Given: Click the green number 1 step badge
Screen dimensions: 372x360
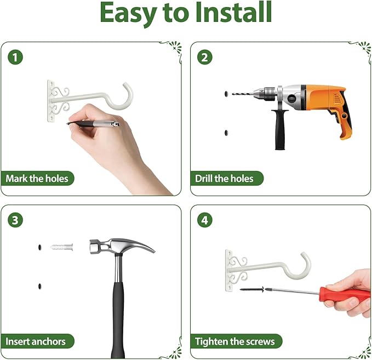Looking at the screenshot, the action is coord(15,58).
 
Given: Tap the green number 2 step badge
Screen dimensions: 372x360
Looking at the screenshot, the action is coord(205,58).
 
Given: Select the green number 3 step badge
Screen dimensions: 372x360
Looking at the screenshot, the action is coord(15,220).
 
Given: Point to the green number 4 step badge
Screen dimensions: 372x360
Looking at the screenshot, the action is coord(205,220).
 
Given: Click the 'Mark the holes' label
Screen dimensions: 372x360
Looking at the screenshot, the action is coord(37,179).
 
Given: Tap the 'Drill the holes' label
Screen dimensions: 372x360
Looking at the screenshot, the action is coord(224,179).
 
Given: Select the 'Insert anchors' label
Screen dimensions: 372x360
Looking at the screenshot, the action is coord(36,341).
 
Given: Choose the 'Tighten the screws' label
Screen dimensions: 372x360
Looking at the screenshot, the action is coord(234,341).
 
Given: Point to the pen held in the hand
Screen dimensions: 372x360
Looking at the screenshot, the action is coord(93,123).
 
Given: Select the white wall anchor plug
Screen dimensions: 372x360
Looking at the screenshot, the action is coord(62,247).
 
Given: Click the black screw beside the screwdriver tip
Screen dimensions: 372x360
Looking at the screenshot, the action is coord(252,289).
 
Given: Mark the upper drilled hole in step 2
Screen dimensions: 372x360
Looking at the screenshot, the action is coord(226,94).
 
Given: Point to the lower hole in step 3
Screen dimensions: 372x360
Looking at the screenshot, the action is coord(39,286).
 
